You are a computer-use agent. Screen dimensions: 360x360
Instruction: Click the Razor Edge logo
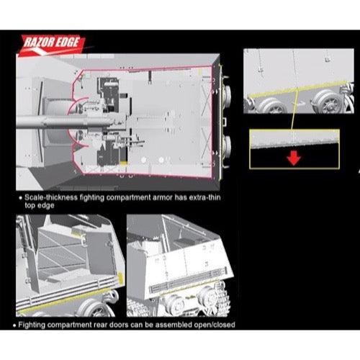coord(53,45)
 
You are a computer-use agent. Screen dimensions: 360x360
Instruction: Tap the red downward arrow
coord(294,158)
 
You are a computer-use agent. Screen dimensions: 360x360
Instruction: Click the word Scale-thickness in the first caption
coord(51,197)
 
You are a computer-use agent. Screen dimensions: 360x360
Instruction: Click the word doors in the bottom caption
coord(117,325)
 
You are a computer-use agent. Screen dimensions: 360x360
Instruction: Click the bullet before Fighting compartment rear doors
coord(15,325)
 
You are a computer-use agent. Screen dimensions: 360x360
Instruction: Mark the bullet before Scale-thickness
coord(21,198)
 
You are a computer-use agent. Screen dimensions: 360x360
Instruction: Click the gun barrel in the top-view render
coord(65,121)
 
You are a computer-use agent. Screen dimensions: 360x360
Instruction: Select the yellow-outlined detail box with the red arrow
coord(294,149)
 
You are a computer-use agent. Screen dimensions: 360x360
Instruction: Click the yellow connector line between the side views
coord(294,109)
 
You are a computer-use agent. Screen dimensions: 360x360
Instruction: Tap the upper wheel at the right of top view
coord(226,95)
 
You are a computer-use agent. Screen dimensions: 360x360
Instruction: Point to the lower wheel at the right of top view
coord(226,147)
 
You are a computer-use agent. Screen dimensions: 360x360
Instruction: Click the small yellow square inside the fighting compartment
coord(123,163)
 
